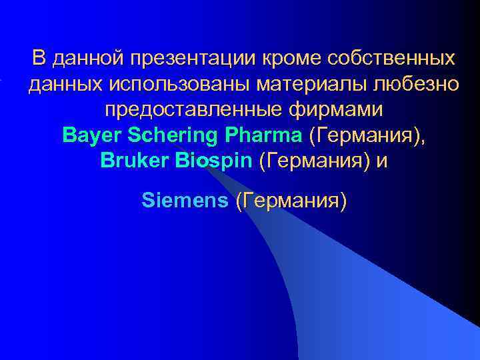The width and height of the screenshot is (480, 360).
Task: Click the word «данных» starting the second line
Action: (x=61, y=85)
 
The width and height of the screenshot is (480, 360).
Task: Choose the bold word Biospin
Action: (x=209, y=161)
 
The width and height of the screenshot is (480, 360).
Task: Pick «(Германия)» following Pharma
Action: (x=366, y=135)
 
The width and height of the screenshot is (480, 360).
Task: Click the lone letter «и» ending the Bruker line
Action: (x=381, y=162)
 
